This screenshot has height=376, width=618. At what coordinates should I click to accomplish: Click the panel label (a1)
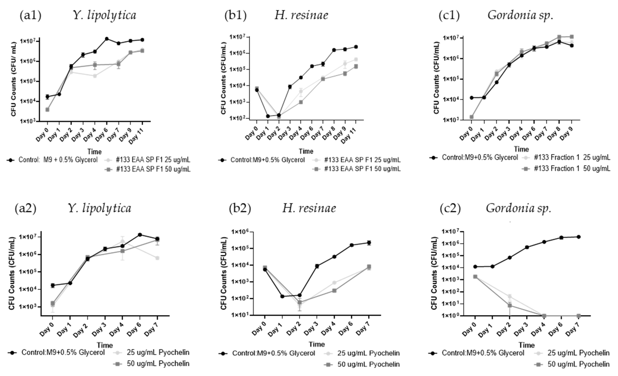pyautogui.click(x=30, y=16)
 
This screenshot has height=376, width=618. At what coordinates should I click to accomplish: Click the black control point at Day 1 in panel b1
pyautogui.click(x=268, y=116)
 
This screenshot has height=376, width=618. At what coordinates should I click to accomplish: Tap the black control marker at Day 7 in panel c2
pyautogui.click(x=579, y=237)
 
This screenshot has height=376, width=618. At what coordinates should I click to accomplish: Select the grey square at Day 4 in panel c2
pyautogui.click(x=544, y=316)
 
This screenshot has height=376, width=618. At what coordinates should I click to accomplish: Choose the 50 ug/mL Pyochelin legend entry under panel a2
pyautogui.click(x=158, y=363)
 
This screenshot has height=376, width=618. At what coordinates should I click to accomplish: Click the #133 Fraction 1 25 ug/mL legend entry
pyautogui.click(x=572, y=158)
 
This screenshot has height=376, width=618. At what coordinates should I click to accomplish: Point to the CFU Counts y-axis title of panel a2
pyautogui.click(x=12, y=273)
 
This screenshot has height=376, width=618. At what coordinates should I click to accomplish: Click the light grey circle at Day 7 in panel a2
pyautogui.click(x=157, y=258)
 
